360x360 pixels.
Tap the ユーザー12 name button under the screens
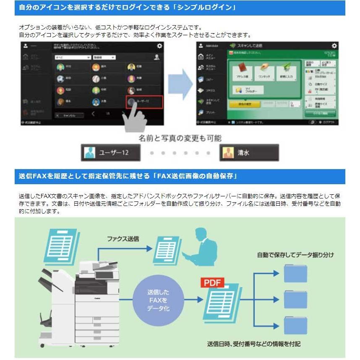click(x=111, y=153)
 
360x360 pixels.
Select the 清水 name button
click(x=249, y=153)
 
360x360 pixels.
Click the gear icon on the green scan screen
click(x=334, y=45)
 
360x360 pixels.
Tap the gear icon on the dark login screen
click(x=159, y=46)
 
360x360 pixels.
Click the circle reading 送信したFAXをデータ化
click(x=158, y=300)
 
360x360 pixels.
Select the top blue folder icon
click(x=295, y=273)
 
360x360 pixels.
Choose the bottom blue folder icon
click(x=295, y=325)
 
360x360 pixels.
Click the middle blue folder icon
click(x=295, y=299)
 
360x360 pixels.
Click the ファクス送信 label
click(x=123, y=238)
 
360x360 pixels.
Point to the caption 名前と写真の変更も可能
click(x=180, y=138)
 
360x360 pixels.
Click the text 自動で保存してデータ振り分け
click(x=295, y=255)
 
